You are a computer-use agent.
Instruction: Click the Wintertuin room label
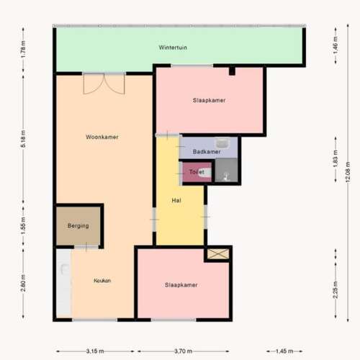coord(173,48)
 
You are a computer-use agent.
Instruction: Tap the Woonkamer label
coord(102,137)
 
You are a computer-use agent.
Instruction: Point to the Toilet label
coord(197,172)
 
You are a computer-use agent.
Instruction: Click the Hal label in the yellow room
coord(175,200)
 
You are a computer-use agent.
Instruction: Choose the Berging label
coord(78,225)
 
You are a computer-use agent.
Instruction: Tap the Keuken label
coord(102,281)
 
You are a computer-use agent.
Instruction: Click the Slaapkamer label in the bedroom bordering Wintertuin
coord(210,101)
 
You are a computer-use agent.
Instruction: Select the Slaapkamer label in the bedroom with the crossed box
coord(181,284)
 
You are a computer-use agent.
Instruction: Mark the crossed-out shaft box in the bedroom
coord(217,253)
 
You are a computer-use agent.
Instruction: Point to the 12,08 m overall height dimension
coord(348,173)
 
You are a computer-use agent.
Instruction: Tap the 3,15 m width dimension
coord(95,351)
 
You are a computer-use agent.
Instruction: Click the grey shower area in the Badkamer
coord(227,171)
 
